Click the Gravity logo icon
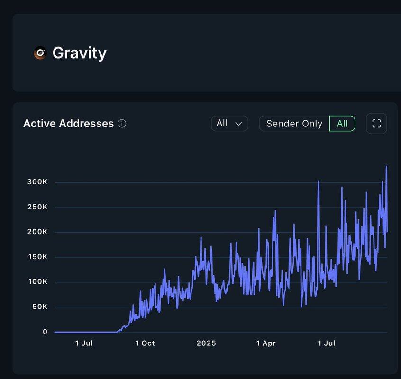(x=40, y=53)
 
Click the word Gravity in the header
(x=79, y=53)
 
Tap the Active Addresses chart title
(x=68, y=124)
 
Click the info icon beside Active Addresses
(x=122, y=124)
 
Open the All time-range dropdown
(x=229, y=123)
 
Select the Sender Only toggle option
(x=294, y=124)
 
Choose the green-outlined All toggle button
(x=342, y=124)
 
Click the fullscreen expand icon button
(x=376, y=124)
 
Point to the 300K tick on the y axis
(x=38, y=182)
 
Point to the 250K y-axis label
(x=38, y=207)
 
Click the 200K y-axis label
(x=38, y=232)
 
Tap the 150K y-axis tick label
(x=38, y=257)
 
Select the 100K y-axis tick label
(x=38, y=281)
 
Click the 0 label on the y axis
(x=45, y=332)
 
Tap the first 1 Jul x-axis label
(x=84, y=343)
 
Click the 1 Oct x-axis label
(x=145, y=343)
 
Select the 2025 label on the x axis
(x=206, y=343)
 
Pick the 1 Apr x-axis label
(x=266, y=343)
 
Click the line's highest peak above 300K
(x=386, y=167)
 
